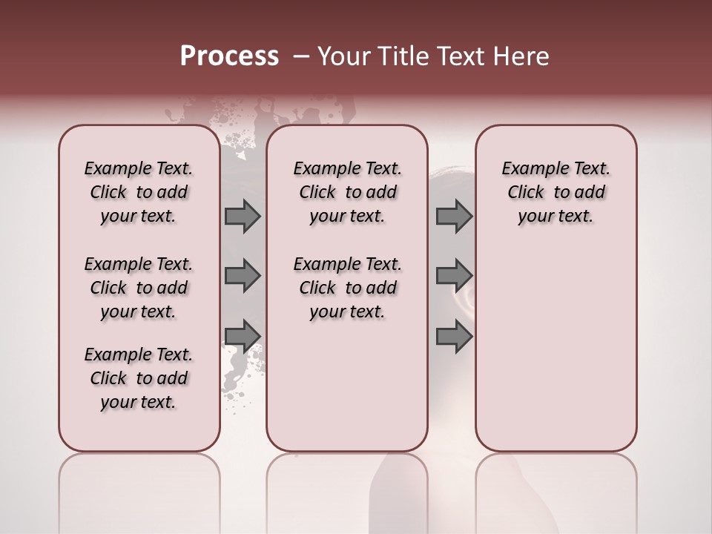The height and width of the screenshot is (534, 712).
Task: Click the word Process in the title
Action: (x=229, y=56)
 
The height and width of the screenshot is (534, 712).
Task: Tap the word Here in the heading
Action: (x=522, y=56)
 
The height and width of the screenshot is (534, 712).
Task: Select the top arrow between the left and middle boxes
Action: (x=243, y=217)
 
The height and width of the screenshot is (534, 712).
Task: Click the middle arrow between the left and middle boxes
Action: (x=243, y=276)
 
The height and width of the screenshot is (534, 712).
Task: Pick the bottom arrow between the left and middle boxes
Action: (x=243, y=335)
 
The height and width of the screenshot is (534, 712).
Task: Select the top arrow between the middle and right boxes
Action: (x=454, y=217)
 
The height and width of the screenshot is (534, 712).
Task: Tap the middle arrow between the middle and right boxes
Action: (x=454, y=276)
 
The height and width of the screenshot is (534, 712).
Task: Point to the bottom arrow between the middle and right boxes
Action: (x=454, y=337)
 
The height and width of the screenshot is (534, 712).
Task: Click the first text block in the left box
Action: (x=139, y=192)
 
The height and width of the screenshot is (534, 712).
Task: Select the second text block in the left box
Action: (x=139, y=288)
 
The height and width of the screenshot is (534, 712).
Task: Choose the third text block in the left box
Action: (x=139, y=378)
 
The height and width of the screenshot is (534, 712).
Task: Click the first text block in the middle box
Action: (x=347, y=192)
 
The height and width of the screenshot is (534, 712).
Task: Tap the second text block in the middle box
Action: (x=347, y=288)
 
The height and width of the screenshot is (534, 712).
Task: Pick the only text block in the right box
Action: (x=556, y=192)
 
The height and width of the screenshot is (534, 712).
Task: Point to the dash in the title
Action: (x=301, y=56)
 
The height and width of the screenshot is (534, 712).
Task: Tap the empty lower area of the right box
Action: (x=556, y=356)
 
